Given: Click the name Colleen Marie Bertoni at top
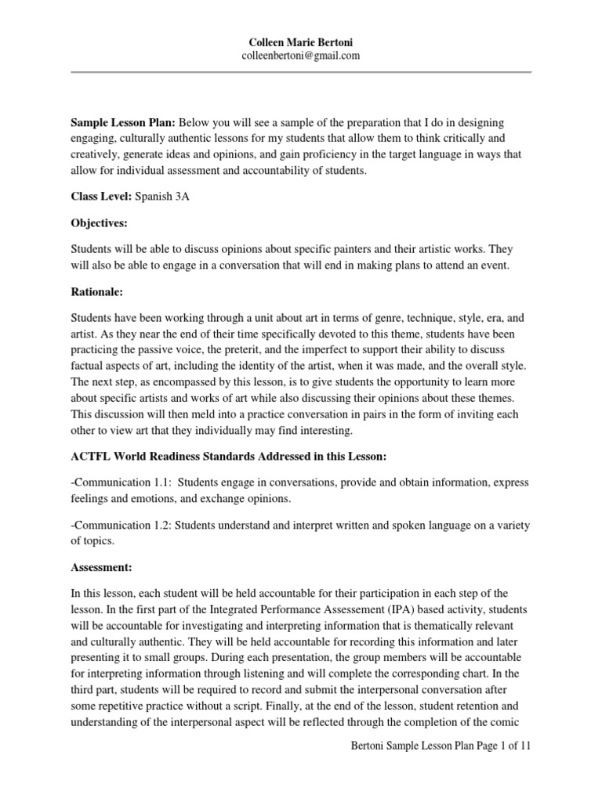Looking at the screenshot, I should [x=302, y=42].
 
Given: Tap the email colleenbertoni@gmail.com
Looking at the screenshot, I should [x=302, y=55].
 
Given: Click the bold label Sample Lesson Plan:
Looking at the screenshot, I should [x=124, y=124].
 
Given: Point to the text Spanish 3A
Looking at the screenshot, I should [x=162, y=197].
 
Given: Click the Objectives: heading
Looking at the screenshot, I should [x=99, y=223].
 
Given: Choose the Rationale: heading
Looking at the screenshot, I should [x=96, y=291].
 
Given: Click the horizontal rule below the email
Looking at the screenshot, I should [x=302, y=72].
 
